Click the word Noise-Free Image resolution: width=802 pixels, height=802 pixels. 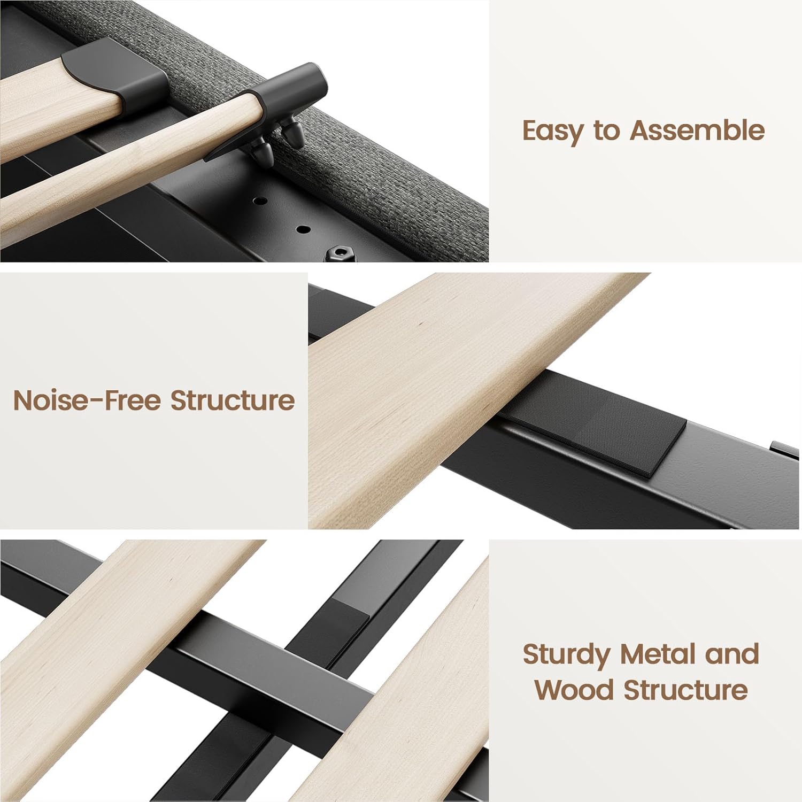[86, 400]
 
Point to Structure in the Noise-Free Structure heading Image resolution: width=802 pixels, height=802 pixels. [233, 400]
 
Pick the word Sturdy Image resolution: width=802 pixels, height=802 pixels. [566, 655]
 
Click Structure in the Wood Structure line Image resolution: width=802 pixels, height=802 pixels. [685, 690]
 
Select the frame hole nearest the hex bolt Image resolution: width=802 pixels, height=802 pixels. [304, 230]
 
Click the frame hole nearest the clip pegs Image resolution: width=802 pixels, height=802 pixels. [260, 202]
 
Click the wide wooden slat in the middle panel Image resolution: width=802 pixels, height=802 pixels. [460, 396]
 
